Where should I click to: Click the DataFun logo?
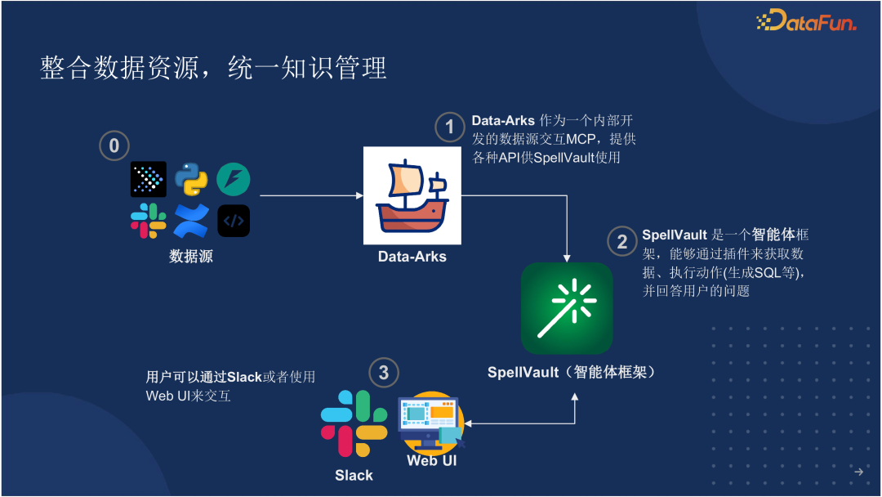[805, 21]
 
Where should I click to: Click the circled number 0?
[114, 146]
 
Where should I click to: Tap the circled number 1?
[448, 127]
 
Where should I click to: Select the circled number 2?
[622, 241]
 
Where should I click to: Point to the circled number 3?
[384, 374]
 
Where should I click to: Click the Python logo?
[191, 178]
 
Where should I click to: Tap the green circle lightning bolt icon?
[234, 179]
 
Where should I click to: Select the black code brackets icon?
[234, 221]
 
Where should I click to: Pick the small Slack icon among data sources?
[148, 221]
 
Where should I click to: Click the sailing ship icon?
[412, 196]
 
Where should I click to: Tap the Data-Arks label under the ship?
[412, 257]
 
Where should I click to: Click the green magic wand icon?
[567, 308]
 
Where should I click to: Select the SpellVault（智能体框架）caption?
[572, 372]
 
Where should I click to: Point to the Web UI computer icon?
[431, 420]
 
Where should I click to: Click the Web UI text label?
[432, 460]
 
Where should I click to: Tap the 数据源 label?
[191, 256]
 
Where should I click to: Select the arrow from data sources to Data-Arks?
[311, 195]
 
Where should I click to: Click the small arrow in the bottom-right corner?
[858, 472]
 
